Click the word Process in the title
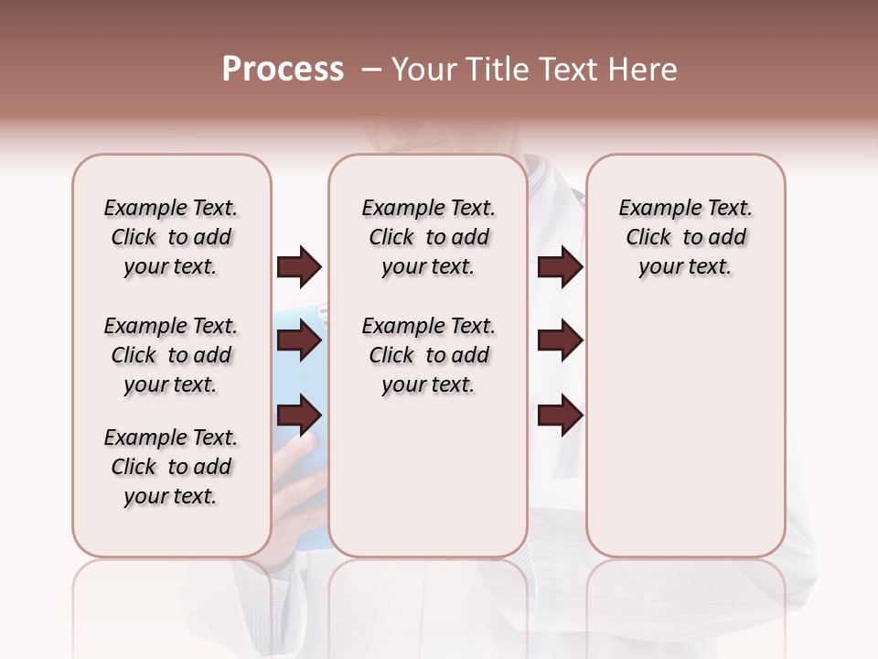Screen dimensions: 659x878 283,70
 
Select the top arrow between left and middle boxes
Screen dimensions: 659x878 299,267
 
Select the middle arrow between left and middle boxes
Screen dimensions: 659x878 299,341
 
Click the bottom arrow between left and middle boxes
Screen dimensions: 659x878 299,416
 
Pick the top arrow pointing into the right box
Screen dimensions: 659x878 560,267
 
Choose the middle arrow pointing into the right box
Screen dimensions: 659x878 560,341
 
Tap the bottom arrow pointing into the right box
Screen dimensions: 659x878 560,416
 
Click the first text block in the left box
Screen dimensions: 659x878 171,237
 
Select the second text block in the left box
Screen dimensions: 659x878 171,355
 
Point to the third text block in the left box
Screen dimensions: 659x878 171,467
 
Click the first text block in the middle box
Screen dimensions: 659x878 428,237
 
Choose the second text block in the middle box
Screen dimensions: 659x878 428,355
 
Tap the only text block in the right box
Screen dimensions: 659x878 685,237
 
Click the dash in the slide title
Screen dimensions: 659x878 370,70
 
